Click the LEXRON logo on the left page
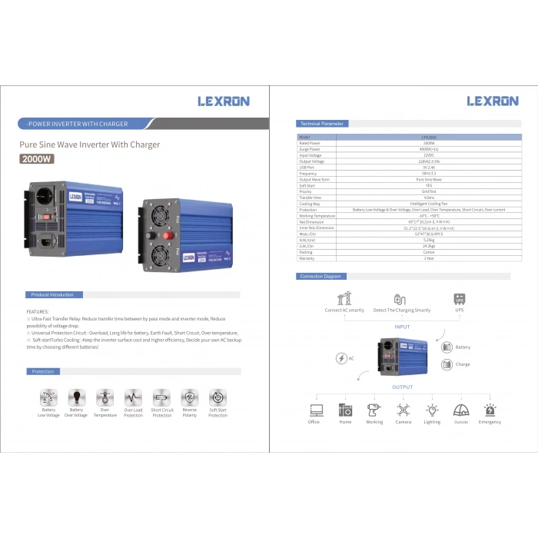224,101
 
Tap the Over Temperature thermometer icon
105,397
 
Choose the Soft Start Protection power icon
218,397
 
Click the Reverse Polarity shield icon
189,397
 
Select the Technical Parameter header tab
322,124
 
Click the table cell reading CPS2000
429,138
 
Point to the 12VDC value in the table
429,155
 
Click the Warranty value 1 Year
429,258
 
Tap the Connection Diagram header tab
321,276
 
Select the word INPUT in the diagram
403,327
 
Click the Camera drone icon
403,410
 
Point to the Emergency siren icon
490,410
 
